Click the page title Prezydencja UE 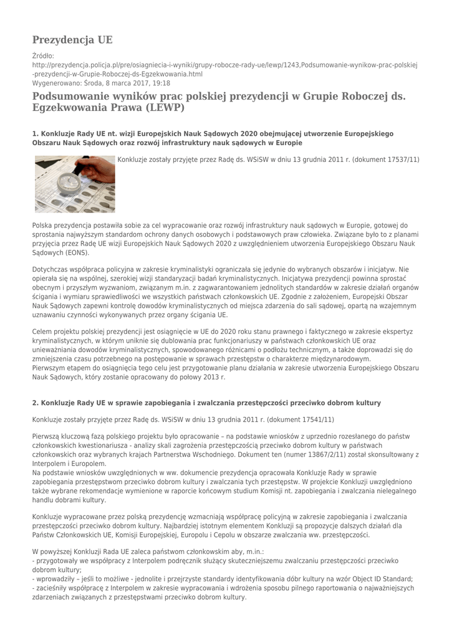coord(72,40)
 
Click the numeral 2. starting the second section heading coord(36,402)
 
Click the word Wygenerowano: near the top coord(56,82)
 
